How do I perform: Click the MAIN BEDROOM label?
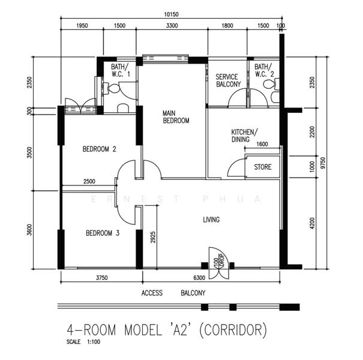point(176,117)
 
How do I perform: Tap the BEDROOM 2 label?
point(100,149)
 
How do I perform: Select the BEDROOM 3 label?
point(103,233)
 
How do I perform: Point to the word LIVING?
point(211,220)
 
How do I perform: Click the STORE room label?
point(263,167)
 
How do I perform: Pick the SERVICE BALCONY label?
point(228,80)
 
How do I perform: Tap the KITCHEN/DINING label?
point(244,136)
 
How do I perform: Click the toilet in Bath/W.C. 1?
point(112,89)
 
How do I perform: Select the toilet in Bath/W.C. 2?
point(271,84)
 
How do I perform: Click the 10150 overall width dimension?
point(172,14)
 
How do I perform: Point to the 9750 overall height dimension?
point(323,163)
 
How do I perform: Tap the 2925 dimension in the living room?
point(153,237)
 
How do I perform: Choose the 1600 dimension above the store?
point(262,144)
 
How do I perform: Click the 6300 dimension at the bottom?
point(199,278)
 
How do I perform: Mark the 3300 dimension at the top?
point(172,25)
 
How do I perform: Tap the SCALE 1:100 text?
point(83,342)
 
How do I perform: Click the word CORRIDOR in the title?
point(233,330)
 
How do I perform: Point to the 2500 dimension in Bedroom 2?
point(89,182)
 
